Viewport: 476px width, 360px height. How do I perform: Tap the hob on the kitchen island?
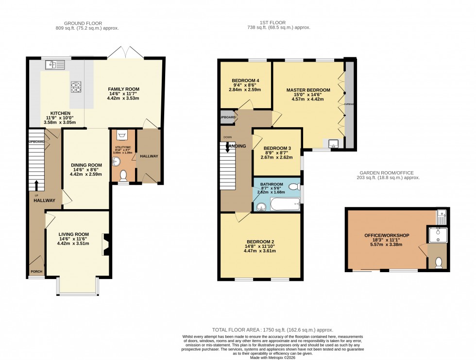[76, 87]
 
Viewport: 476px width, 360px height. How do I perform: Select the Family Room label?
[123, 89]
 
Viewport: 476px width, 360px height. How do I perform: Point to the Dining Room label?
[86, 165]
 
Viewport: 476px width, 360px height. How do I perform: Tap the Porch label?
[36, 272]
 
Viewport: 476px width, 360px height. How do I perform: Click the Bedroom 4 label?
[245, 81]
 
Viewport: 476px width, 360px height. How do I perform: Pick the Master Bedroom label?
[308, 90]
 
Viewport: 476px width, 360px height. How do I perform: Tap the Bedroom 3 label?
[277, 148]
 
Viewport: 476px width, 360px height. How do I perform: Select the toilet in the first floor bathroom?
[294, 187]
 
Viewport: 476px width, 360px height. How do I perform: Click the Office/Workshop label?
[387, 235]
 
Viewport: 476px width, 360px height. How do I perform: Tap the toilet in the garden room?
[439, 262]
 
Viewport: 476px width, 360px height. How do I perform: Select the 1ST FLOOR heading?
[272, 22]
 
